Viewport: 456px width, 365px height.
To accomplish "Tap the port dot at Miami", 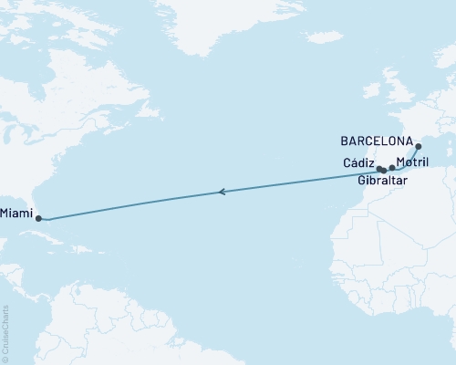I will [38, 218].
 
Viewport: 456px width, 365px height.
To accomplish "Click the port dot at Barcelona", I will [419, 146].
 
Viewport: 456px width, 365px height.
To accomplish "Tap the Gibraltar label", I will [383, 182].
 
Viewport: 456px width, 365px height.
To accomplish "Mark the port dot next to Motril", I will [392, 168].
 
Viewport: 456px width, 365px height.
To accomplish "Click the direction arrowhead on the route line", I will [222, 192].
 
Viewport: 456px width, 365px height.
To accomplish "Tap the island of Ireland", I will [370, 91].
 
